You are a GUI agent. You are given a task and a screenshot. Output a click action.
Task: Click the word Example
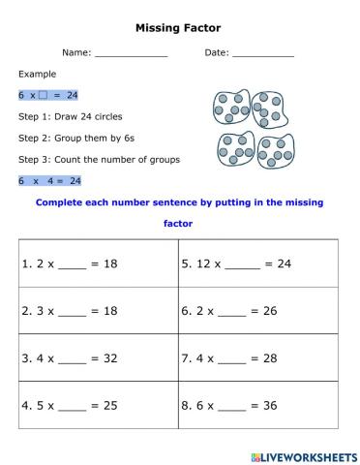pyautogui.click(x=37, y=74)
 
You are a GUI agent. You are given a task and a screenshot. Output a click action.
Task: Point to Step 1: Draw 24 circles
pyautogui.click(x=70, y=116)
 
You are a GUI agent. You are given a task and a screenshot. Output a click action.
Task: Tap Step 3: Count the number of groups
pyautogui.click(x=99, y=159)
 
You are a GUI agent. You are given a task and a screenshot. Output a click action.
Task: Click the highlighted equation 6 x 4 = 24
pyautogui.click(x=48, y=180)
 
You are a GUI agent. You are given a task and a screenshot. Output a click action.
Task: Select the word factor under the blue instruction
pyautogui.click(x=178, y=224)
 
